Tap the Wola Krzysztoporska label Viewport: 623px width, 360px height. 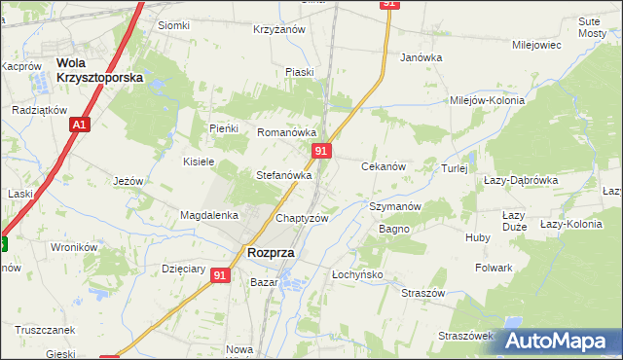[100, 69]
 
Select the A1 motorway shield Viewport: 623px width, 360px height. [80, 126]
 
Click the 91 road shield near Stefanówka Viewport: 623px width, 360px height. [323, 151]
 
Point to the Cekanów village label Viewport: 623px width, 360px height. [384, 167]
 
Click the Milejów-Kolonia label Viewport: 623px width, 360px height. [487, 100]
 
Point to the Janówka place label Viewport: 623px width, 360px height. [421, 57]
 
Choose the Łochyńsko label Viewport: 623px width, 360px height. [358, 275]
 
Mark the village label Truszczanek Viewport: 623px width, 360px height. [46, 330]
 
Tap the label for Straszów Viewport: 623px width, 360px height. [423, 293]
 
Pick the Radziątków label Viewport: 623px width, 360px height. [38, 111]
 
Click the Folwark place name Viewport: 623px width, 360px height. [494, 268]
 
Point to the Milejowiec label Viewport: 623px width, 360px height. [536, 45]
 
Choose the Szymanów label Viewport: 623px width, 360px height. [394, 207]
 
